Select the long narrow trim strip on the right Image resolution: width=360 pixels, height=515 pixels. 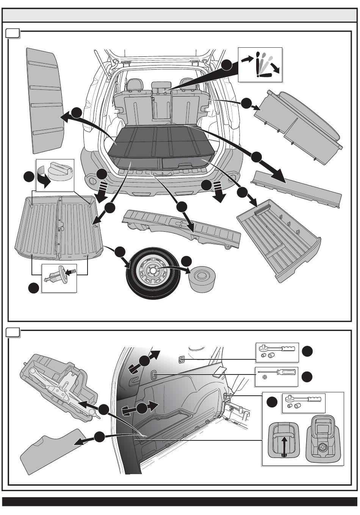298,188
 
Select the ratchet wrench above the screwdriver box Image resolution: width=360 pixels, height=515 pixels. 276,349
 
